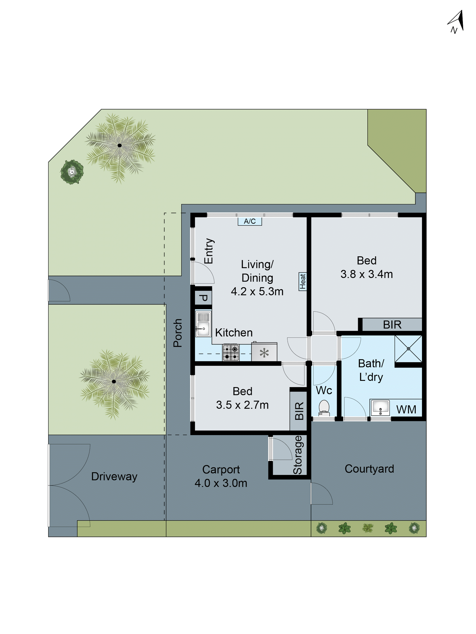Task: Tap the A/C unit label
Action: (250, 221)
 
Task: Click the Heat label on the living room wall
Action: (302, 281)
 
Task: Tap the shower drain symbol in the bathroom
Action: (408, 348)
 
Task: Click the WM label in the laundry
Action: (406, 409)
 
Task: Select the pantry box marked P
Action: (203, 298)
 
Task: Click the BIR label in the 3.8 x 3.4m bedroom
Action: (392, 325)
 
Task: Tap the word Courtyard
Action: (369, 469)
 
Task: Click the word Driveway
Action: (114, 476)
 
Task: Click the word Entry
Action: (209, 251)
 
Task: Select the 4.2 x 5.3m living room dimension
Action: (257, 292)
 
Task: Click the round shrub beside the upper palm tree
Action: (72, 172)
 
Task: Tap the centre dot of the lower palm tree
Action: (114, 381)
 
